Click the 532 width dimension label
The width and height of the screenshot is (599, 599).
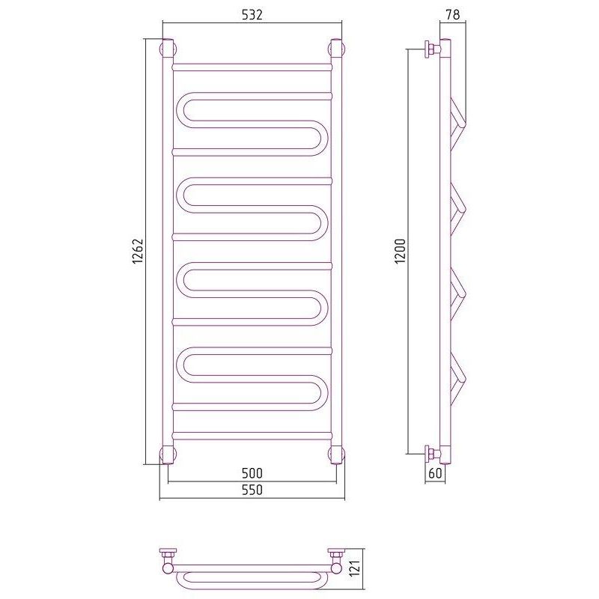252,14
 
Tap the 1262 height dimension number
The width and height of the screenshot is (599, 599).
137,252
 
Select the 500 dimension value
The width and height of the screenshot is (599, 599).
252,473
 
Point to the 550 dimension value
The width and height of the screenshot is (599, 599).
252,490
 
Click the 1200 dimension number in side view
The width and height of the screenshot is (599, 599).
400,252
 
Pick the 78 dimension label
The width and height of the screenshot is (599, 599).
453,14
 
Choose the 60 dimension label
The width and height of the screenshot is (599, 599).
435,473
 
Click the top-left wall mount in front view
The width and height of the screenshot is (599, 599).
168,49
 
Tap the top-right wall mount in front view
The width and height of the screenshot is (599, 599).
337,49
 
